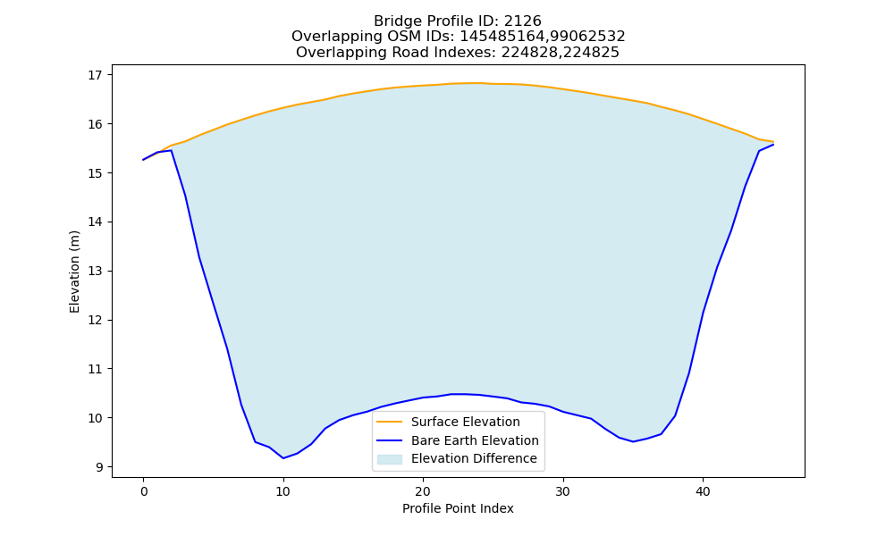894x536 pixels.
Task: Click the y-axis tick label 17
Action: click(x=95, y=75)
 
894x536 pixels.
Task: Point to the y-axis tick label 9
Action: click(x=98, y=467)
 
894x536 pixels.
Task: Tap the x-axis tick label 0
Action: click(x=143, y=491)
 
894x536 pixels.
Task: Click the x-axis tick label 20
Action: click(x=423, y=491)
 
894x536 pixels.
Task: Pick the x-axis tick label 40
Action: click(x=703, y=491)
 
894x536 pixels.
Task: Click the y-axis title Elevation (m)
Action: click(x=75, y=272)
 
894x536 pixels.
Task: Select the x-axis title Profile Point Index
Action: click(x=458, y=508)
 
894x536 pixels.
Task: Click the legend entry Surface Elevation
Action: click(x=465, y=422)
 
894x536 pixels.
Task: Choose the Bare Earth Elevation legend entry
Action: click(x=475, y=440)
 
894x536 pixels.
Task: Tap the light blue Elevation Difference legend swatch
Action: click(x=390, y=459)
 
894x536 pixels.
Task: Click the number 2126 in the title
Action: click(x=523, y=21)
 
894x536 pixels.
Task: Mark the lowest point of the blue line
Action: click(x=283, y=458)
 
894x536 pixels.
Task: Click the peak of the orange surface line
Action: click(x=475, y=83)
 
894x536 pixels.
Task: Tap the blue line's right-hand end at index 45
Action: click(x=773, y=145)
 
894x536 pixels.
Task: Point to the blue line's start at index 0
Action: click(x=143, y=160)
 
